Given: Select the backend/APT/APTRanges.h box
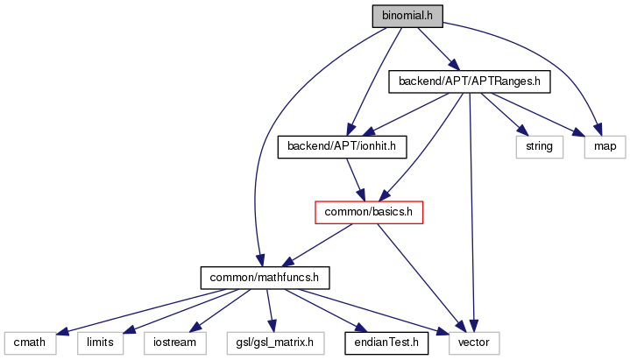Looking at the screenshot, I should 468,81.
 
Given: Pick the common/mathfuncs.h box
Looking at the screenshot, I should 265,278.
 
